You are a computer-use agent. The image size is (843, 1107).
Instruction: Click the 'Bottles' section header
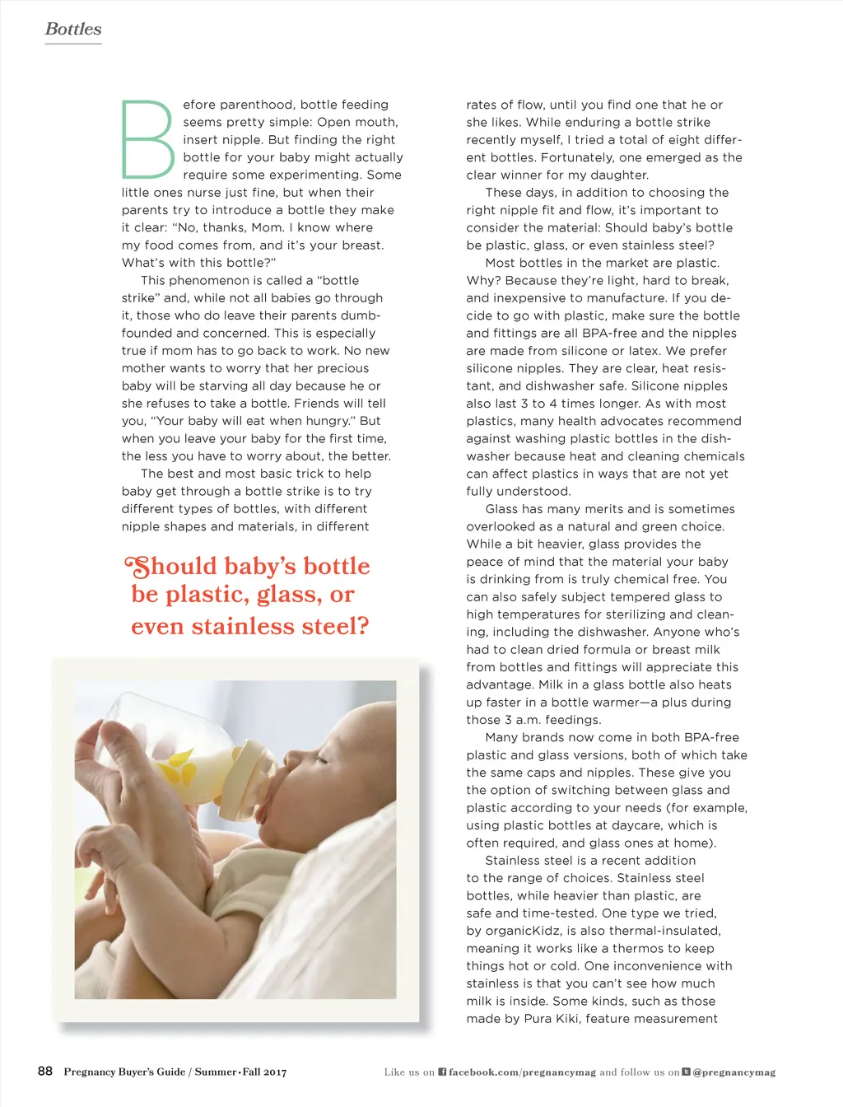coord(73,29)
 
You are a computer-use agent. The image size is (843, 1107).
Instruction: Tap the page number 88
coord(45,1071)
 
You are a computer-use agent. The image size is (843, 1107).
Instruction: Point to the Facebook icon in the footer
coord(442,1072)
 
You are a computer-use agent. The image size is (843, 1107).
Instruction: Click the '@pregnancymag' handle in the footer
coord(734,1072)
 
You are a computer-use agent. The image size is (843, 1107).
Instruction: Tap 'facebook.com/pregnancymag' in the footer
coord(522,1072)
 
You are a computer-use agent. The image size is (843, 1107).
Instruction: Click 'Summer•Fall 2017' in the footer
coord(240,1072)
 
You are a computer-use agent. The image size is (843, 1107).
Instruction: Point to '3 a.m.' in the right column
coord(524,720)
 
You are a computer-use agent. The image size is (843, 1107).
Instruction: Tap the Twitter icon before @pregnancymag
coord(686,1072)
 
